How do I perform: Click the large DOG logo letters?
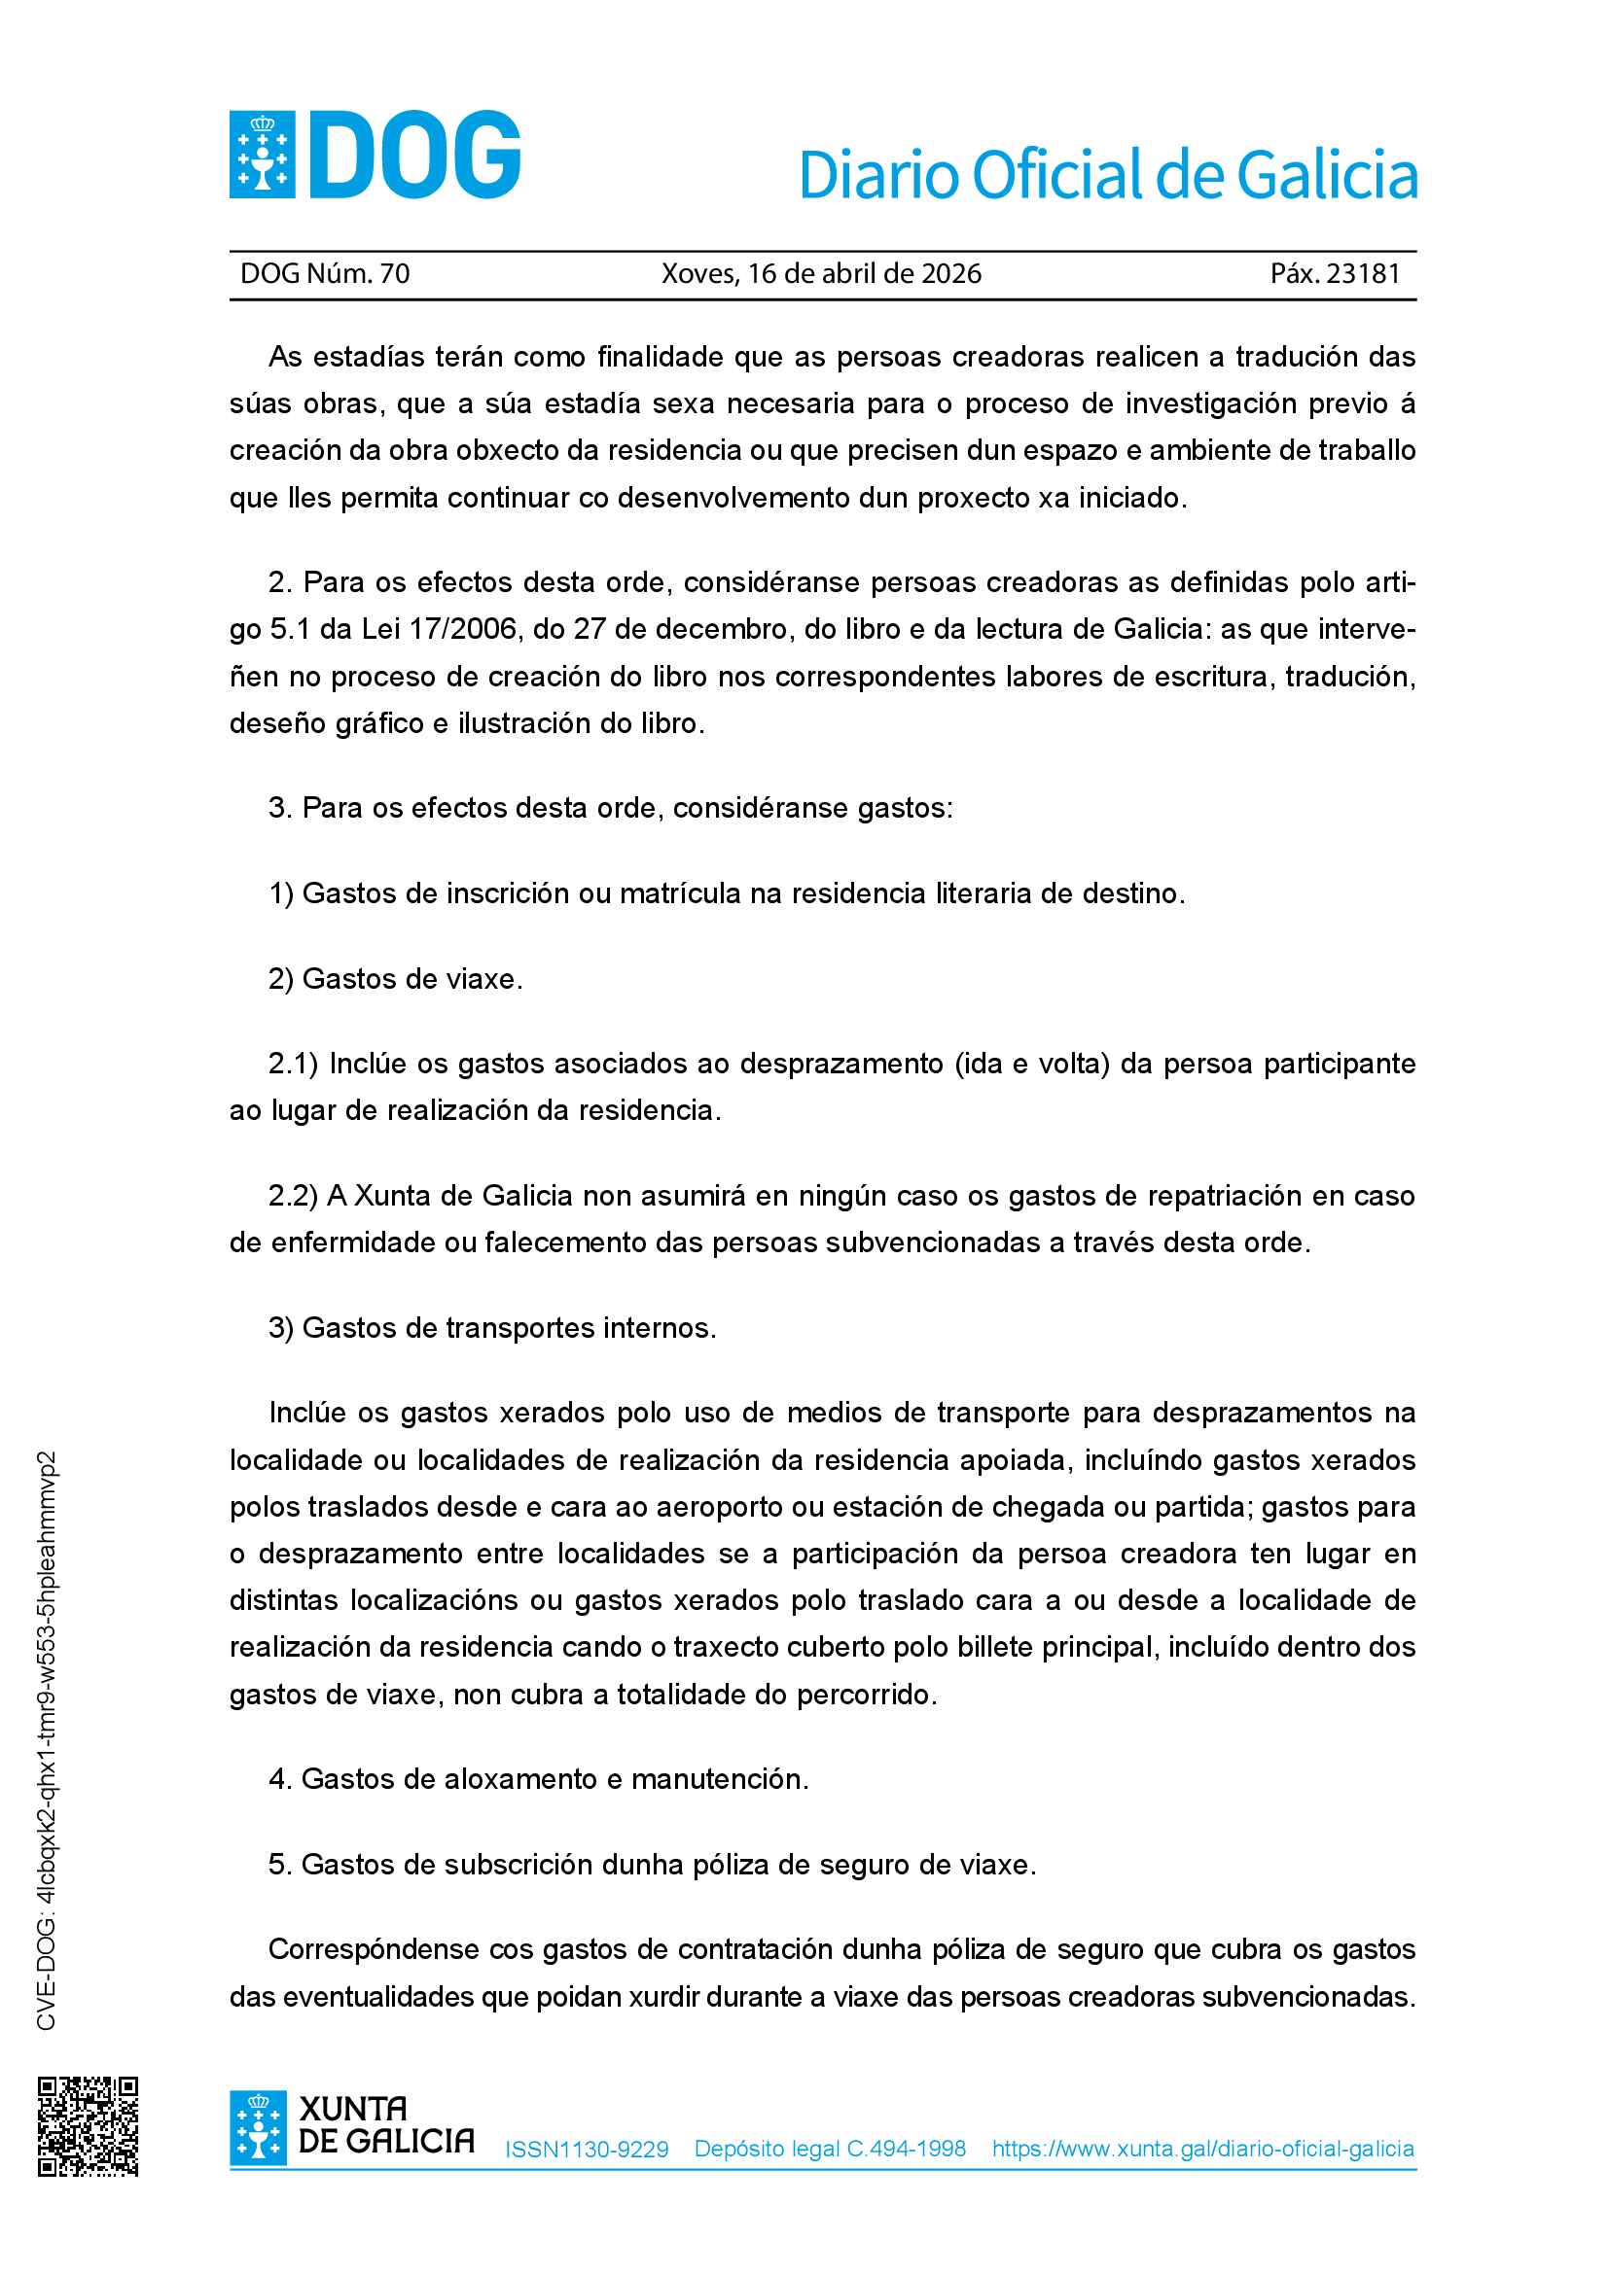pyautogui.click(x=415, y=156)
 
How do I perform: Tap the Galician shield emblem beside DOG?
pyautogui.click(x=262, y=156)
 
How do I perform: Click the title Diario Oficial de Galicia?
pyautogui.click(x=1108, y=175)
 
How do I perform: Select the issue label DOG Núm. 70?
pyautogui.click(x=325, y=273)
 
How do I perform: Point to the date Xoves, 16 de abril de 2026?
pyautogui.click(x=821, y=273)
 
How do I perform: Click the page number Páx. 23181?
pyautogui.click(x=1335, y=273)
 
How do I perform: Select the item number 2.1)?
pyautogui.click(x=292, y=1064)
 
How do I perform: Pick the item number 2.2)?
pyautogui.click(x=292, y=1197)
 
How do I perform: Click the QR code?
pyautogui.click(x=89, y=2126)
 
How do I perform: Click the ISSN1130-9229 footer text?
pyautogui.click(x=587, y=2150)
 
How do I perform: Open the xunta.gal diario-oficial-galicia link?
pyautogui.click(x=1202, y=2149)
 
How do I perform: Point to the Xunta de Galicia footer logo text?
pyautogui.click(x=385, y=2125)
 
